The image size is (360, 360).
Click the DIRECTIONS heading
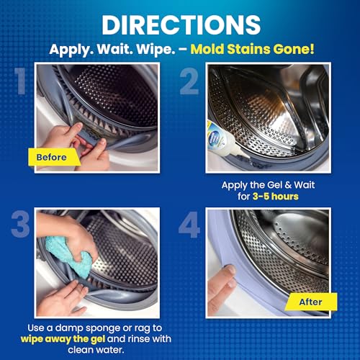click(x=181, y=25)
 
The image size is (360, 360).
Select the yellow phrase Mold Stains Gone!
click(x=252, y=49)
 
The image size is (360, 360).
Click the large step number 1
click(x=20, y=81)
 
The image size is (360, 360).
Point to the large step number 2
click(x=189, y=81)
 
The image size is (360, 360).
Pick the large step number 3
click(x=20, y=225)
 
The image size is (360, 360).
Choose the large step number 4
click(x=189, y=225)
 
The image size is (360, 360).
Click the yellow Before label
click(x=54, y=157)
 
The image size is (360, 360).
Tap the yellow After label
click(x=311, y=302)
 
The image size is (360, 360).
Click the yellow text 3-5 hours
click(x=276, y=197)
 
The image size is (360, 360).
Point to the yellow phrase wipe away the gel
click(x=63, y=339)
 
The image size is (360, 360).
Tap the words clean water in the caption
click(x=96, y=350)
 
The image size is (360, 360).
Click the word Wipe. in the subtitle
click(x=156, y=50)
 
